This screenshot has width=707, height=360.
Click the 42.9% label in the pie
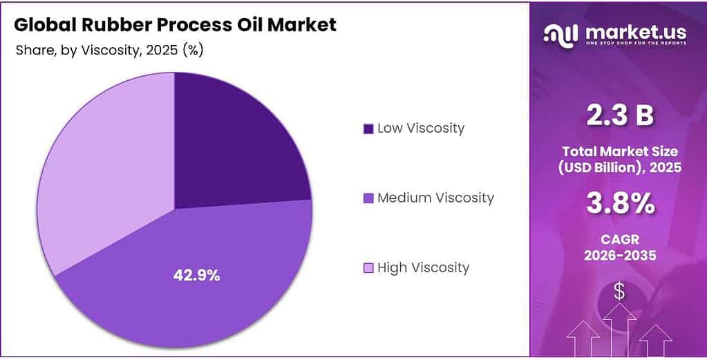pyautogui.click(x=196, y=275)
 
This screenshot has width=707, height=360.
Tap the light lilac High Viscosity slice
pyautogui.click(x=104, y=173)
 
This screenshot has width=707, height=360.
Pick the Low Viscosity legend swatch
pyautogui.click(x=368, y=129)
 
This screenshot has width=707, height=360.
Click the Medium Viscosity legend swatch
pyautogui.click(x=368, y=198)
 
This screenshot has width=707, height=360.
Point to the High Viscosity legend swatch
pyautogui.click(x=368, y=268)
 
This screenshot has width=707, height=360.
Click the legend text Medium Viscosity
pyautogui.click(x=435, y=198)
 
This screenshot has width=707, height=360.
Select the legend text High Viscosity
pyautogui.click(x=423, y=267)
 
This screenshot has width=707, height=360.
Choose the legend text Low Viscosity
pyautogui.click(x=420, y=128)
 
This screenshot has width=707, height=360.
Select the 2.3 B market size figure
pyautogui.click(x=619, y=116)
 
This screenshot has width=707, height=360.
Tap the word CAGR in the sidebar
pyautogui.click(x=619, y=240)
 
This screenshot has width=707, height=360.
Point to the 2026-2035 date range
pyautogui.click(x=619, y=256)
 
